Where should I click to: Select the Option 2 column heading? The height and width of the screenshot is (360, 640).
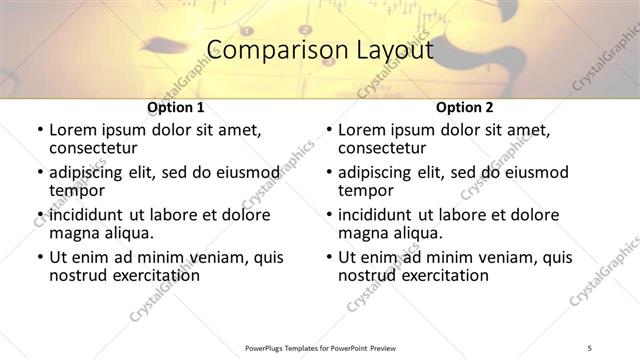click(464, 106)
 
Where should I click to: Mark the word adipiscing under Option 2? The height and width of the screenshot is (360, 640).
click(381, 173)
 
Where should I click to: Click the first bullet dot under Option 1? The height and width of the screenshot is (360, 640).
click(39, 131)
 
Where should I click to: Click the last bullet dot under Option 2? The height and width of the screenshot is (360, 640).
click(329, 258)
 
